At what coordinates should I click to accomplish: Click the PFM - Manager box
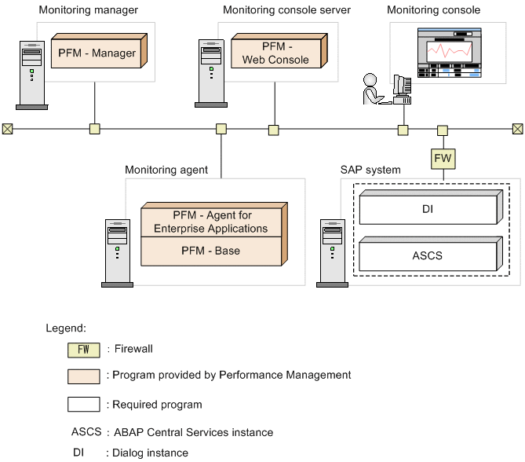click(x=97, y=53)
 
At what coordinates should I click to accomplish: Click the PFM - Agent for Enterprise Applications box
click(x=210, y=222)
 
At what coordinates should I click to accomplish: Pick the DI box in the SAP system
click(x=427, y=210)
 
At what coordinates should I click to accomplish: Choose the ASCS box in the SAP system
click(x=427, y=255)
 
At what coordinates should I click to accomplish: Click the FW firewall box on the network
click(x=443, y=159)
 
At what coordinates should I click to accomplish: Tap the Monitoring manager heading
click(x=89, y=10)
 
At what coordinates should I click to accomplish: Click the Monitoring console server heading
click(x=286, y=10)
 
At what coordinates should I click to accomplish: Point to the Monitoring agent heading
click(x=166, y=170)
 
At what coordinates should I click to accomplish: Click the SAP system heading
click(x=370, y=170)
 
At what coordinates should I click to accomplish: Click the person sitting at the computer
click(x=372, y=88)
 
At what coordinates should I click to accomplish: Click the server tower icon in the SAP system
click(x=331, y=251)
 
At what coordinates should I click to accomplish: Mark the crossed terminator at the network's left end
click(x=7, y=129)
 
